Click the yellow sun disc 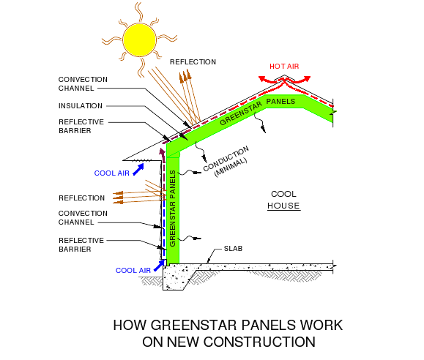(x=140, y=40)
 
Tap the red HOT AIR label (x=284, y=67)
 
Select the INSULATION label (x=81, y=105)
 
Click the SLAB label (x=233, y=249)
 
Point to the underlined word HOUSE (x=283, y=206)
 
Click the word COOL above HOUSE (x=283, y=194)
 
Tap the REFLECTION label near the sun (x=193, y=62)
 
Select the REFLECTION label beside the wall (x=82, y=198)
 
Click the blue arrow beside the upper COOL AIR (x=138, y=170)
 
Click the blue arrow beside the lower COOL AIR (x=159, y=266)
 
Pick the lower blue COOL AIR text (x=133, y=271)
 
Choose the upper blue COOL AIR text (x=112, y=173)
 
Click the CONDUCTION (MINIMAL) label (x=227, y=162)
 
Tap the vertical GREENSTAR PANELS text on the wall (x=173, y=209)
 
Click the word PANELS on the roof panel (x=280, y=102)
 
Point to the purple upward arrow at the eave (x=163, y=156)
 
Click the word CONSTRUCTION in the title (x=259, y=342)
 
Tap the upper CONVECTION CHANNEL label (x=83, y=84)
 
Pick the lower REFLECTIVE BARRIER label (x=81, y=245)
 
